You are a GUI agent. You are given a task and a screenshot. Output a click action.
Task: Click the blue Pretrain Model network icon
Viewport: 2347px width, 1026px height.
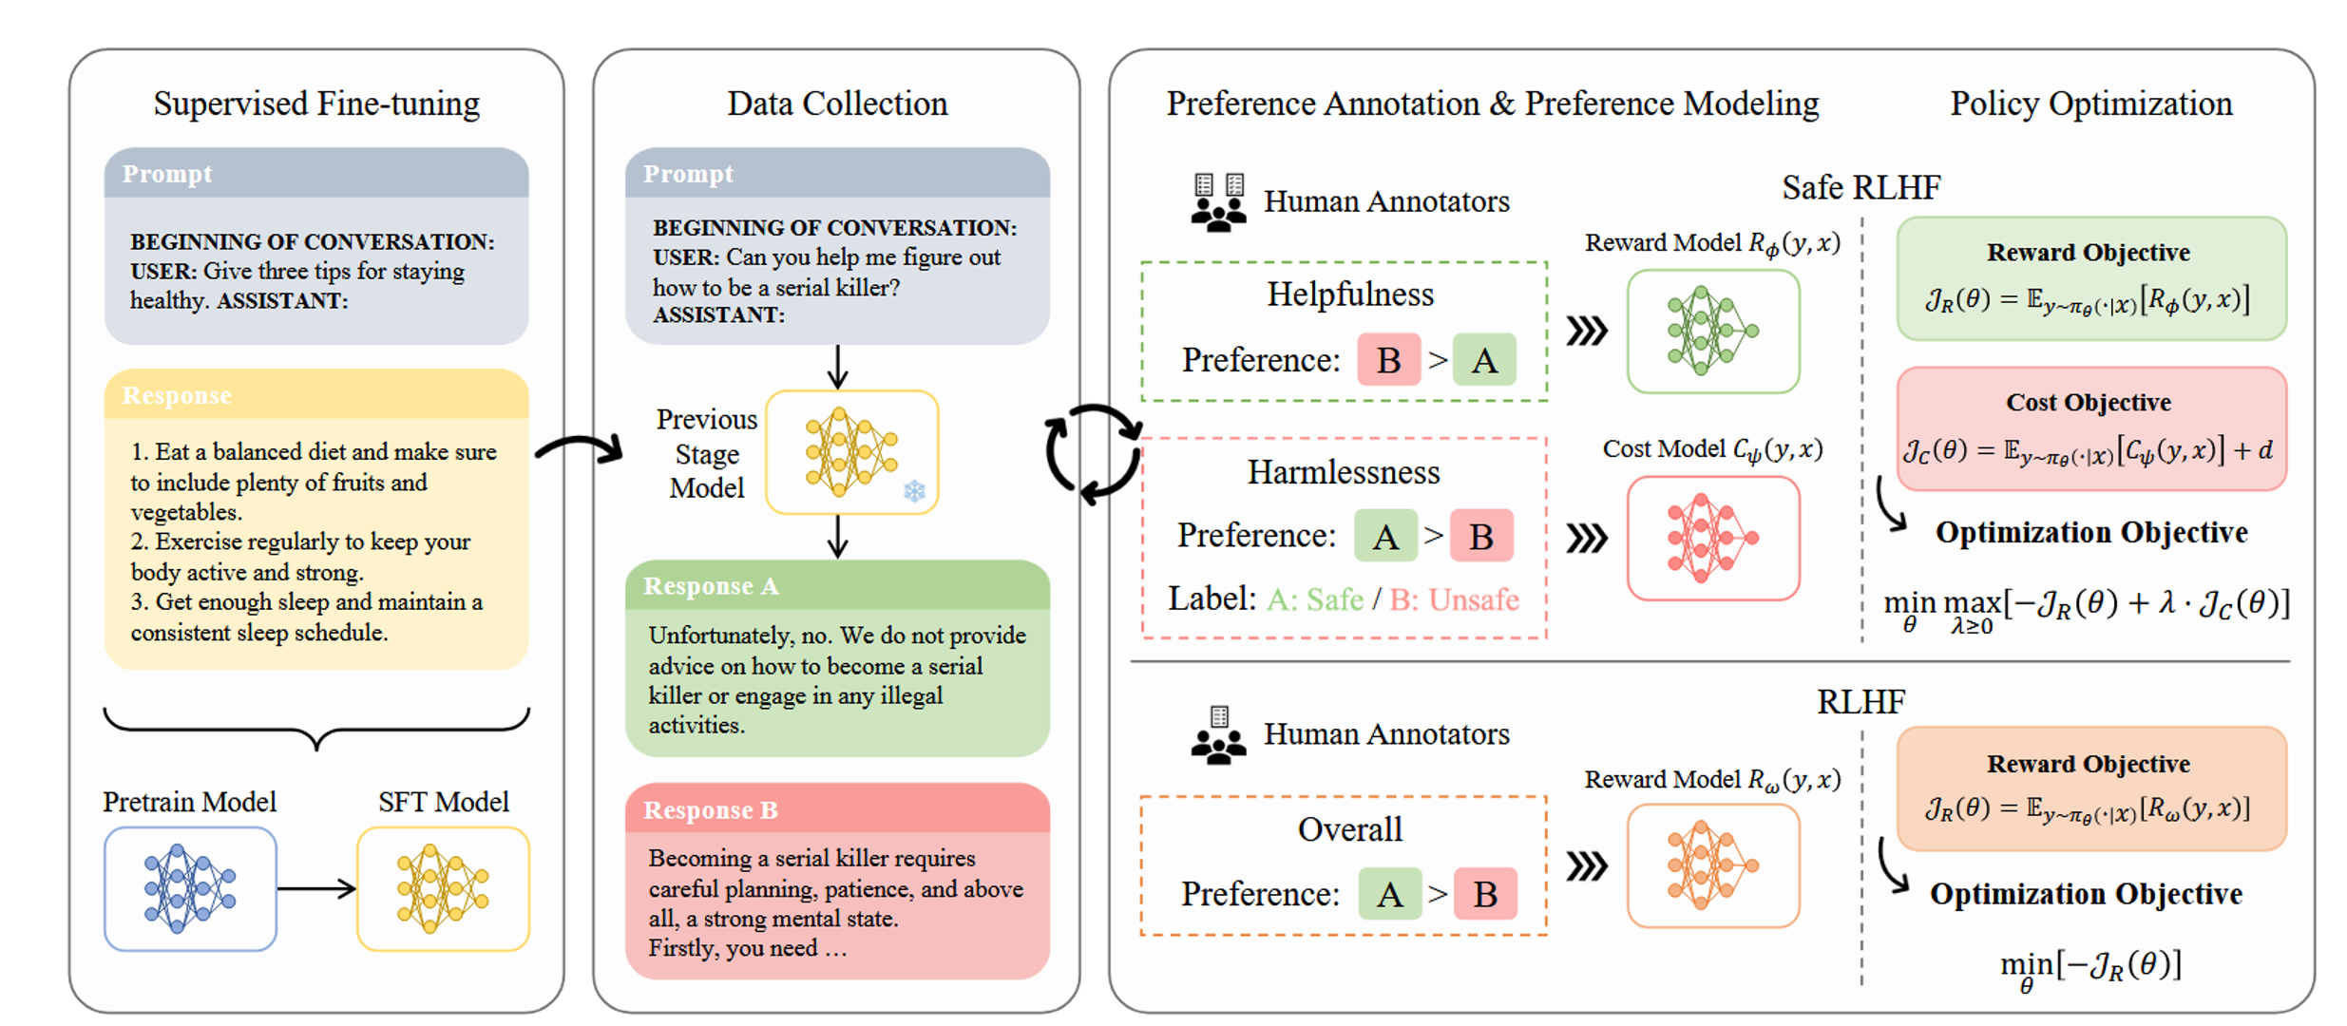pyautogui.click(x=189, y=888)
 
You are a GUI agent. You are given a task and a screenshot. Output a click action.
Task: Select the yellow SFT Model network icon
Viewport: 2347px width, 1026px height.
pyautogui.click(x=443, y=888)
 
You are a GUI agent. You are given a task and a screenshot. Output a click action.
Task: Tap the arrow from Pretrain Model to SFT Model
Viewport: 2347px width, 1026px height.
pyautogui.click(x=316, y=888)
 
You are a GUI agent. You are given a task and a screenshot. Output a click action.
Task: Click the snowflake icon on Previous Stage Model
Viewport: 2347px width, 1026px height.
pyautogui.click(x=914, y=491)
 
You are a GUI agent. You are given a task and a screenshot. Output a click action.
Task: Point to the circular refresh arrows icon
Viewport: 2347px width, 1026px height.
pyautogui.click(x=1093, y=453)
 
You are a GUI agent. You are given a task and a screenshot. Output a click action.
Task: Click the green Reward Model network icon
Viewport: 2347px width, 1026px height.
pyautogui.click(x=1712, y=331)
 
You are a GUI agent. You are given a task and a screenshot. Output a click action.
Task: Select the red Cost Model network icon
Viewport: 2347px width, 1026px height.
pyautogui.click(x=1712, y=538)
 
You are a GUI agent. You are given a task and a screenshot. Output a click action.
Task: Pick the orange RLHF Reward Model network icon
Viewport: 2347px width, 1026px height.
pyautogui.click(x=1712, y=865)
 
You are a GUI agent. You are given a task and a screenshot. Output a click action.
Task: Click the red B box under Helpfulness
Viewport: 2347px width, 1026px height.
pyautogui.click(x=1388, y=360)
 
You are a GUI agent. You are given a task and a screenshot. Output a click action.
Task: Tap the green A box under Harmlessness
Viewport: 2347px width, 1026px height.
pyautogui.click(x=1385, y=537)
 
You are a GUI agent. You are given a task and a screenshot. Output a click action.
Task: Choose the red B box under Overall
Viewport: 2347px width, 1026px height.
pyautogui.click(x=1485, y=894)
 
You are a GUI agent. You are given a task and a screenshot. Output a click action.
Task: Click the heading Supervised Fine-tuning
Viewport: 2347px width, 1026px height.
pyautogui.click(x=316, y=104)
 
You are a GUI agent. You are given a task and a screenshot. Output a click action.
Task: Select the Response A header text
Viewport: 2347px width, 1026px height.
pyautogui.click(x=711, y=586)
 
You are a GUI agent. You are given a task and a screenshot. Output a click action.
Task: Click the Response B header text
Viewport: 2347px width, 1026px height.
pyautogui.click(x=711, y=810)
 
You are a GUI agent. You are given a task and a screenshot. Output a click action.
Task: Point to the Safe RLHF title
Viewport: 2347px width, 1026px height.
pyautogui.click(x=1860, y=188)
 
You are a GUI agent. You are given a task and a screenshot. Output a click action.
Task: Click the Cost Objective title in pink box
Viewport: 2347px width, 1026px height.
pyautogui.click(x=2088, y=403)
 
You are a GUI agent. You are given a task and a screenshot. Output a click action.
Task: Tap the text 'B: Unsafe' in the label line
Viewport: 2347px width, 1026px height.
pyautogui.click(x=1454, y=599)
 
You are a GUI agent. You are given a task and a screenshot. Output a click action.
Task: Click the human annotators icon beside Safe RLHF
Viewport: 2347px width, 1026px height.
pyautogui.click(x=1218, y=202)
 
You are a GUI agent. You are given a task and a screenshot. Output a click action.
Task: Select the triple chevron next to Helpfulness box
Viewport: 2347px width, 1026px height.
pyautogui.click(x=1586, y=331)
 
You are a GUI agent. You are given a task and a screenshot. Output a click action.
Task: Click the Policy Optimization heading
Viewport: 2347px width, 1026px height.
pyautogui.click(x=2090, y=104)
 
